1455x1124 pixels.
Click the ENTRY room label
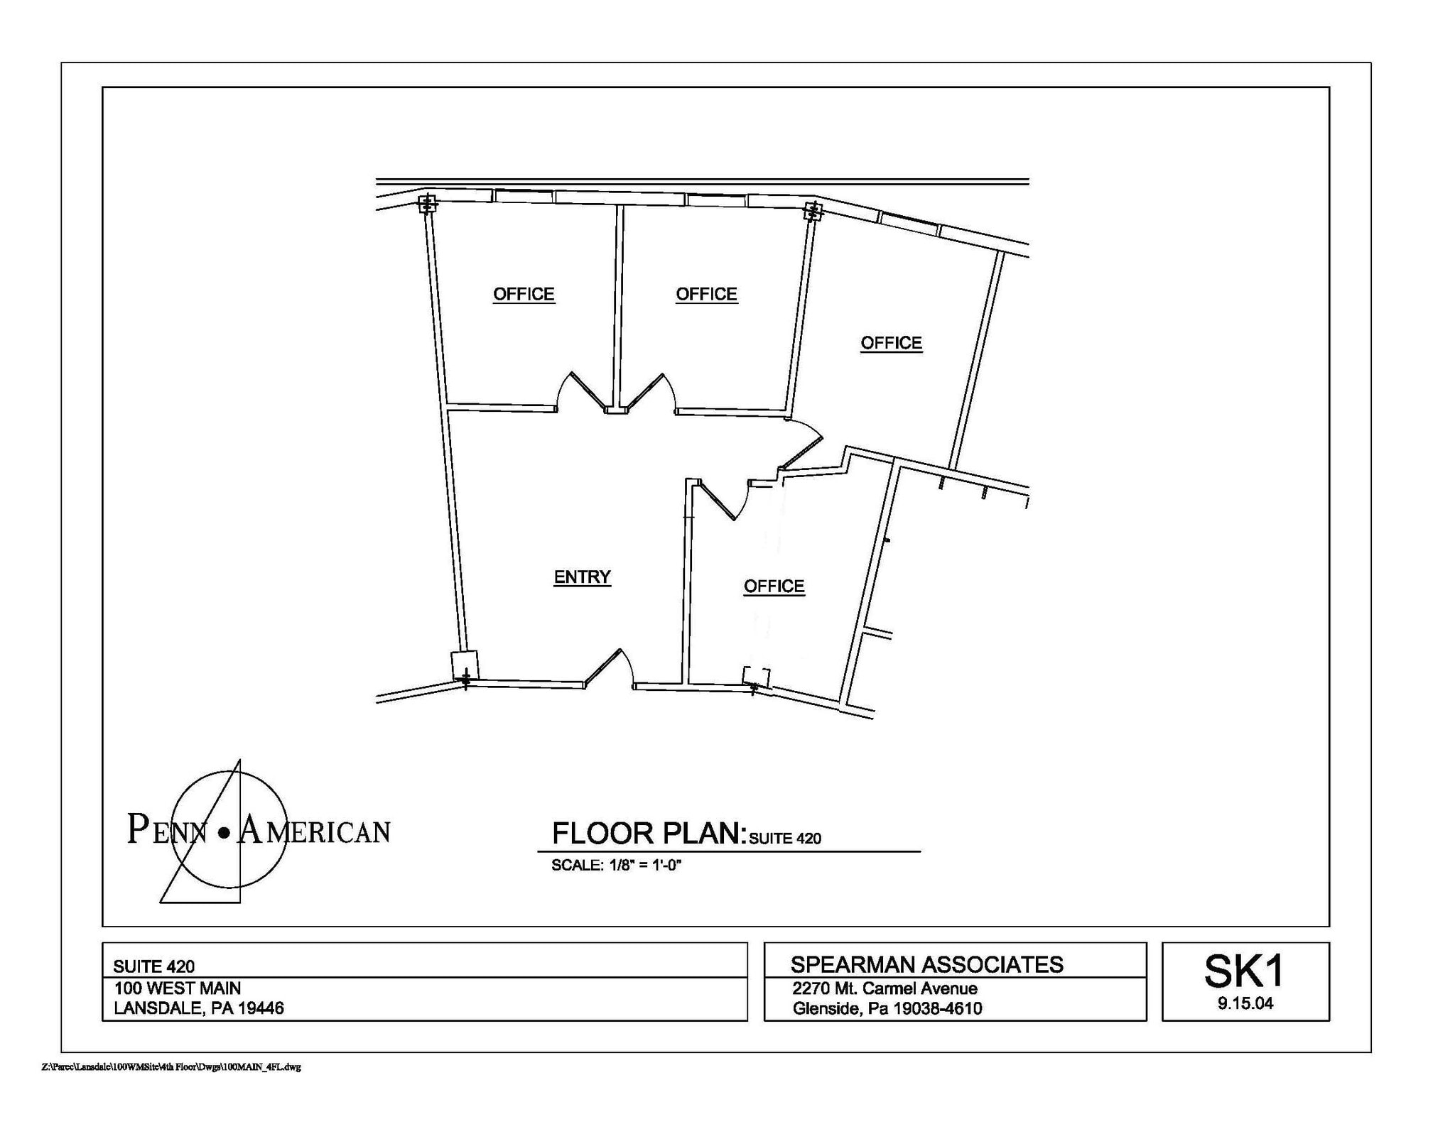(x=582, y=577)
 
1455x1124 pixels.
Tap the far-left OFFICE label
(x=524, y=294)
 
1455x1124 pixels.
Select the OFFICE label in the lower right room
(x=774, y=586)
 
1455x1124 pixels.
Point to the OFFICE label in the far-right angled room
(x=891, y=343)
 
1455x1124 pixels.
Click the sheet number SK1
(x=1244, y=971)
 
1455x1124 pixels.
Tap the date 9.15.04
(x=1245, y=1003)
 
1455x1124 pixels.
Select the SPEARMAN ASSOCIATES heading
(x=926, y=964)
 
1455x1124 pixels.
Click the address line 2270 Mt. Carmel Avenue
(x=885, y=988)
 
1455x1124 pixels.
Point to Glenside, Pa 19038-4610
(x=887, y=1008)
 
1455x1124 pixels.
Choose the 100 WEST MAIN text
(x=178, y=988)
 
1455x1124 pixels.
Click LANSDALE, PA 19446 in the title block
(x=199, y=1008)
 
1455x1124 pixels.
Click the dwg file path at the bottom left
(x=171, y=1067)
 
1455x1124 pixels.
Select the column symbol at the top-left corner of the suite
(x=427, y=204)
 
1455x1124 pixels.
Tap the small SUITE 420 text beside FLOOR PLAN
(x=785, y=839)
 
